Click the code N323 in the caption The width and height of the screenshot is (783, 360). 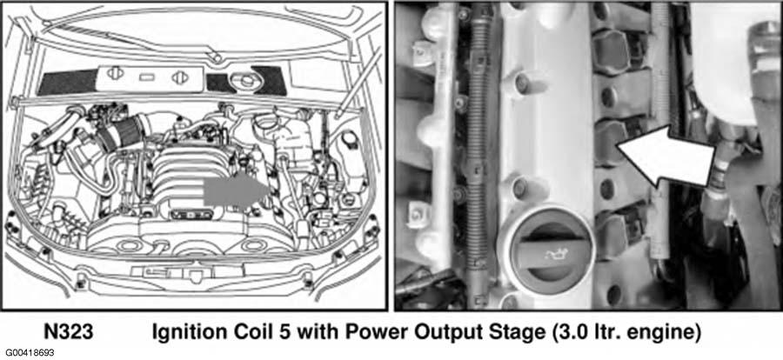69,332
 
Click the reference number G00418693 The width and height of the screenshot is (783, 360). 30,353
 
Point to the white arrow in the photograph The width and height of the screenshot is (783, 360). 666,157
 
